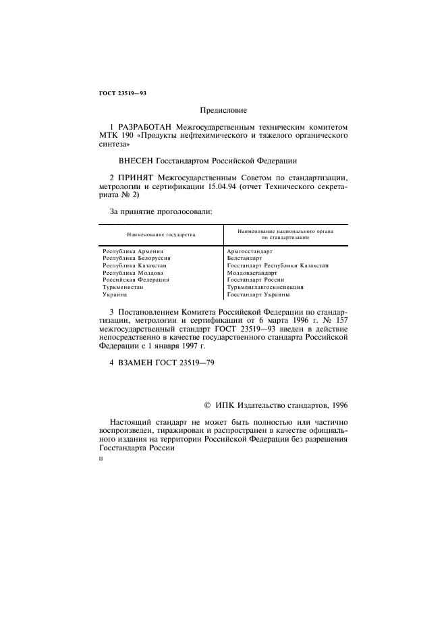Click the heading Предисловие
point(223,109)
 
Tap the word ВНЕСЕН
point(135,161)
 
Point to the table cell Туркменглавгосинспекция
point(265,287)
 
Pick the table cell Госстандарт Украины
point(258,294)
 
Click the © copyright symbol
point(207,406)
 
